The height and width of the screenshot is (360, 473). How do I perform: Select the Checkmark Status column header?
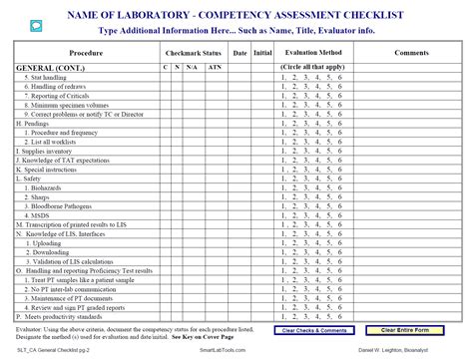point(194,52)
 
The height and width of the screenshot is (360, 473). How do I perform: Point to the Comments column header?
point(411,52)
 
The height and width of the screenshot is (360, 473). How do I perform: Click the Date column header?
point(239,52)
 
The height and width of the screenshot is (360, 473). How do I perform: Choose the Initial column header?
point(261,52)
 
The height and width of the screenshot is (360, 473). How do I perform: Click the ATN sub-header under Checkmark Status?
point(215,66)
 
